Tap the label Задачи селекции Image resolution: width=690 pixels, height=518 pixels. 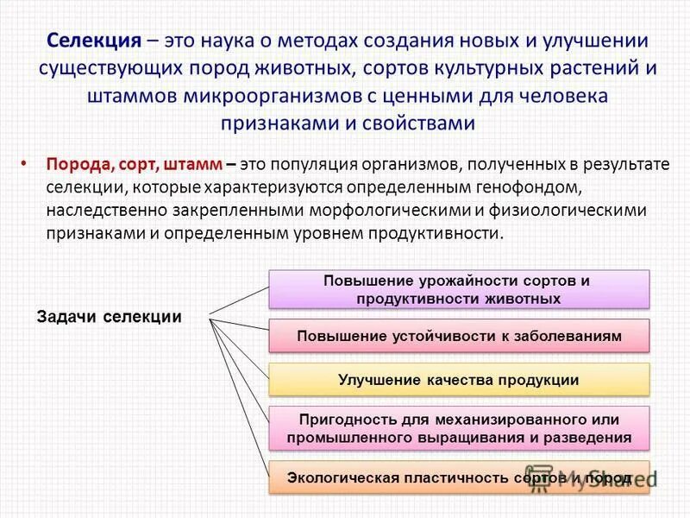coord(110,316)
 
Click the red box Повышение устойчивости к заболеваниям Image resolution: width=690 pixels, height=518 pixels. coord(458,336)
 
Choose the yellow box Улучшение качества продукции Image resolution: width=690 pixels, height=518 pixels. coord(458,380)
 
